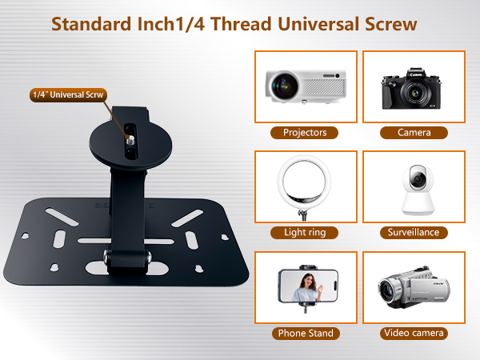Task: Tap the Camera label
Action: click(x=414, y=133)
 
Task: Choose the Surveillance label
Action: click(x=414, y=232)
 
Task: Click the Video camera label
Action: click(x=414, y=333)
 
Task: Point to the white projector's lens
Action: click(x=283, y=82)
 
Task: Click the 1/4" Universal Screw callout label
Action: click(x=68, y=94)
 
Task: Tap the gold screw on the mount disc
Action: click(x=129, y=137)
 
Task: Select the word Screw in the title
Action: click(x=390, y=23)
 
